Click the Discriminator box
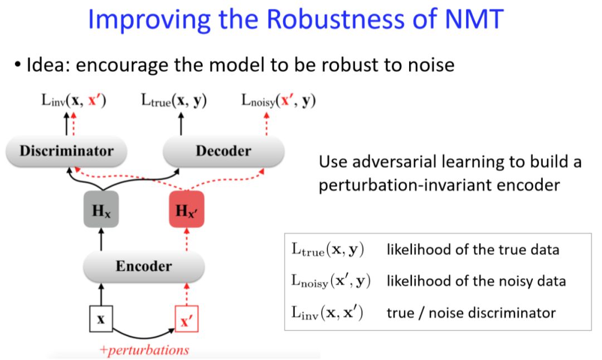coord(66,151)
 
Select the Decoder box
coord(223,151)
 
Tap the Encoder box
coord(144,266)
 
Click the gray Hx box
coord(101,210)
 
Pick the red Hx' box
coord(187,210)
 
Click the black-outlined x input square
coord(101,320)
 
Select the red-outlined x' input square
coord(187,320)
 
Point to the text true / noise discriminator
coord(471,313)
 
